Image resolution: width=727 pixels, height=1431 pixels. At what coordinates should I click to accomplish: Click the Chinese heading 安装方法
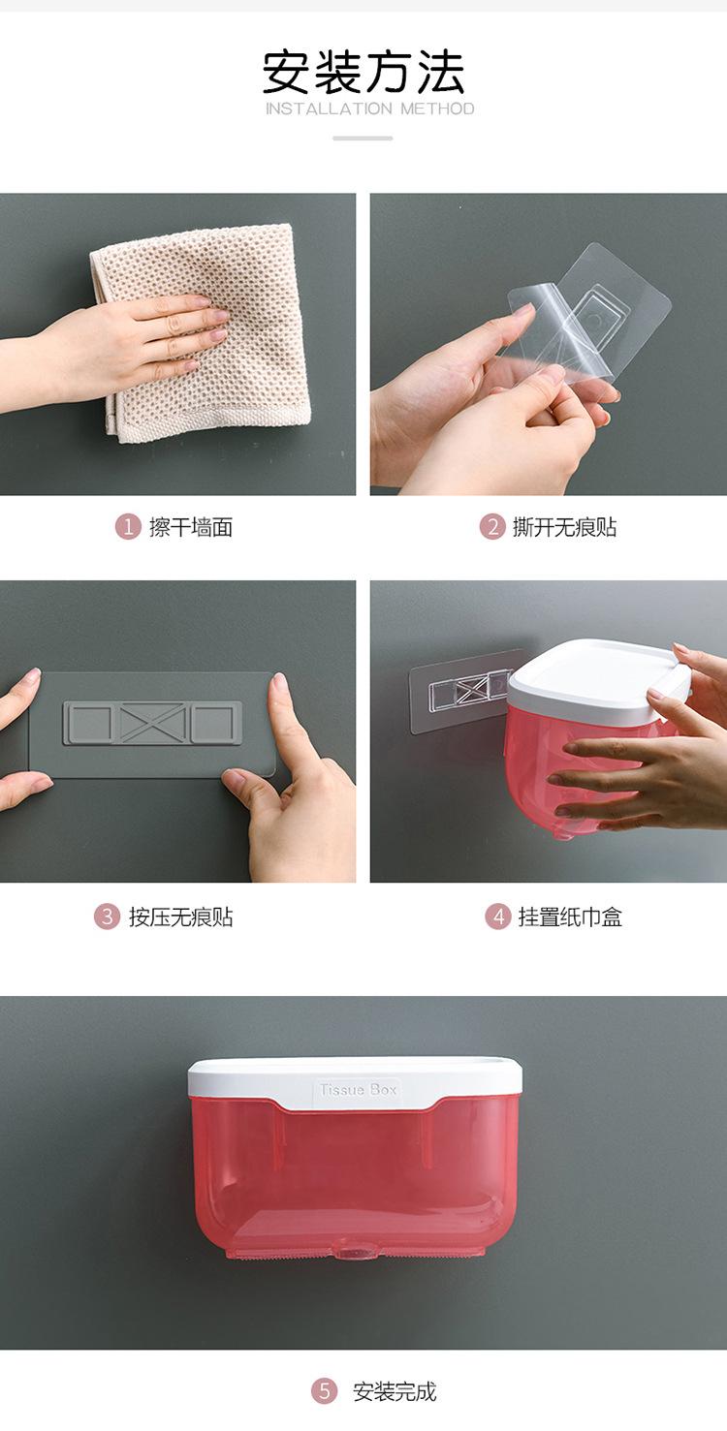363,73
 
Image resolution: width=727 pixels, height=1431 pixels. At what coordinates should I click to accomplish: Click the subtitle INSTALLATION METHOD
369,109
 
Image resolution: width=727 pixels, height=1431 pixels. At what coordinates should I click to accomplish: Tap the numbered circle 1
128,527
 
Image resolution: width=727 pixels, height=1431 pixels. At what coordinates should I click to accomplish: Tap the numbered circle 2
492,527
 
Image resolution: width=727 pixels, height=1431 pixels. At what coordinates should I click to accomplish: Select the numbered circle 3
108,917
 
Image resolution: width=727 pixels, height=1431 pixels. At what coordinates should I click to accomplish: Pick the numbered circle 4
497,917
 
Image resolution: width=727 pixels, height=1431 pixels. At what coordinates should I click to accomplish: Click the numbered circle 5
324,1390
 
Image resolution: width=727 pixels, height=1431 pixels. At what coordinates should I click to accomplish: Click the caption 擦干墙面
191,528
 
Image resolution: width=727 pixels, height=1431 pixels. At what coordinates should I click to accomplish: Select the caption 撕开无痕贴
564,528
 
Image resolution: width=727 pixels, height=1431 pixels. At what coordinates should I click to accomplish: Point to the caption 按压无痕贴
181,918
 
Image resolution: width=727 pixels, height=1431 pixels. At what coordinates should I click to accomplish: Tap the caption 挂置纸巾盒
570,918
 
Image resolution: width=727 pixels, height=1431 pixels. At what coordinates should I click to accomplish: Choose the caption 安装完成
395,1391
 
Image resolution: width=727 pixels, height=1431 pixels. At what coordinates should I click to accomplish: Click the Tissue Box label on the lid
358,1089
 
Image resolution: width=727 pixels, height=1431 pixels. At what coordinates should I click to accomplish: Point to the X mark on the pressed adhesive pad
152,723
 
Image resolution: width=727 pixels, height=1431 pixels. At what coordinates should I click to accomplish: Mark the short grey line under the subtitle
363,138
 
